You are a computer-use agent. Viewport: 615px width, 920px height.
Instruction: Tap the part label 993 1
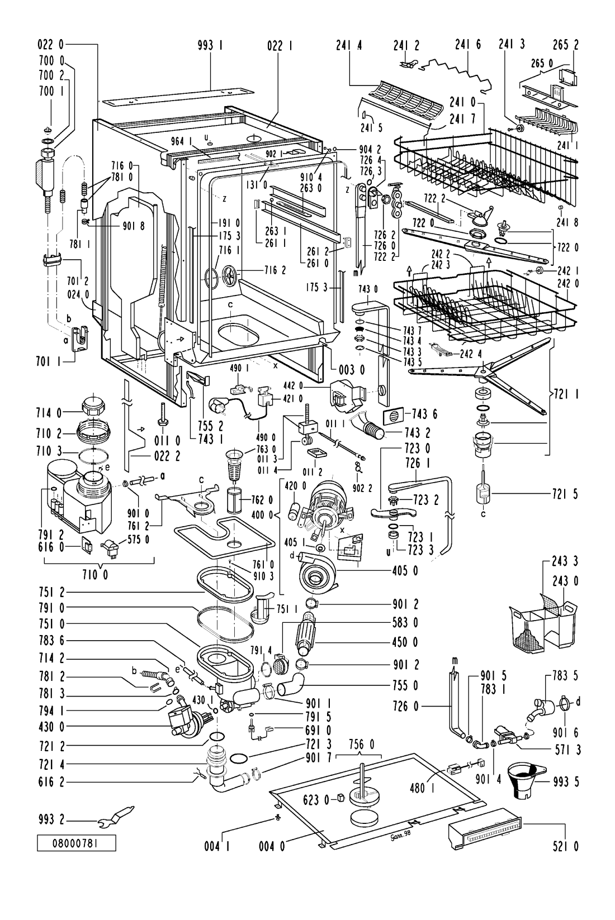point(210,48)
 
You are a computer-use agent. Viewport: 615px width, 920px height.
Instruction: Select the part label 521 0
point(566,846)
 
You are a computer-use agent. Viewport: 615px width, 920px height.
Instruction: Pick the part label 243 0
point(566,581)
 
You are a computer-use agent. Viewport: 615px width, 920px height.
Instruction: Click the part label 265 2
point(566,48)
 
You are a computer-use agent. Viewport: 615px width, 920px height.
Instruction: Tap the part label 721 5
point(566,493)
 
